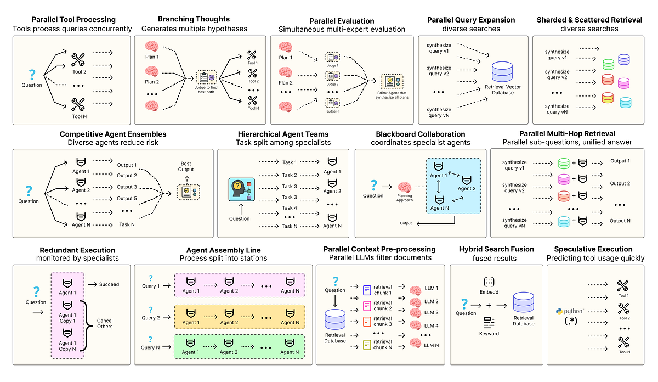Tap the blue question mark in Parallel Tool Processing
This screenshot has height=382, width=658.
[x=32, y=74]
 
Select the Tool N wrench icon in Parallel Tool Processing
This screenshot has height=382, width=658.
[x=78, y=103]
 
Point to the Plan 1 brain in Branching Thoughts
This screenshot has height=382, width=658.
[x=152, y=47]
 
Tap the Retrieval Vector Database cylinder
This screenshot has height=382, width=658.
[x=503, y=72]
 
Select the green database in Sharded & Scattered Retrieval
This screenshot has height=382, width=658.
[x=607, y=64]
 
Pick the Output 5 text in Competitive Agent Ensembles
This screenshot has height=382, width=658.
[x=127, y=199]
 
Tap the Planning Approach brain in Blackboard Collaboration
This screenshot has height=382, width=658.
[x=405, y=188]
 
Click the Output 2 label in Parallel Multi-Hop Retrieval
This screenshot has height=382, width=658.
[x=620, y=183]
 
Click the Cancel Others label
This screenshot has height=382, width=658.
[x=105, y=322]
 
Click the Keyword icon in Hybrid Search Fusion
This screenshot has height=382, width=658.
[x=489, y=323]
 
